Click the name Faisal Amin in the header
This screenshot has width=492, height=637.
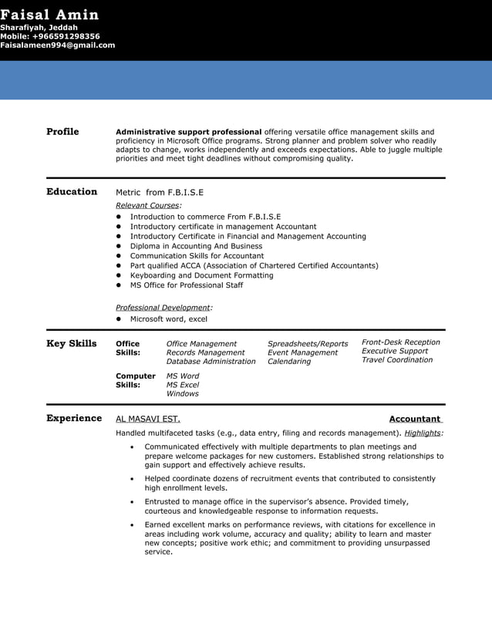point(49,15)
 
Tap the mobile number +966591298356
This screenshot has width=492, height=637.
point(50,36)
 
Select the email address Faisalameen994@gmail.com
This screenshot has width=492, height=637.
point(57,45)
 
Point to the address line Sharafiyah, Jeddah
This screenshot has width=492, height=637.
point(39,28)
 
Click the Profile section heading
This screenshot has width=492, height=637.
point(62,132)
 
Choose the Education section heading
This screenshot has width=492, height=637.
point(72,192)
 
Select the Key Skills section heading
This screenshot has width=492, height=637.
point(72,344)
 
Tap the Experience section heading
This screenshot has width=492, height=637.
point(74,418)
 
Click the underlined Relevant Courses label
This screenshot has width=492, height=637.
point(148,205)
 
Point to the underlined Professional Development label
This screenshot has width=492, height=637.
point(163,307)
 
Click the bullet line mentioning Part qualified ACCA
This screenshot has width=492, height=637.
point(254,265)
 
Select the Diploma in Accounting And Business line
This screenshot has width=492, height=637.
point(196,246)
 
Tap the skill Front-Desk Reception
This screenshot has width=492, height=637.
point(401,342)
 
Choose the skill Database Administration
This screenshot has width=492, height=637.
point(211,361)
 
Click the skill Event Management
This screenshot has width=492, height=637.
point(302,352)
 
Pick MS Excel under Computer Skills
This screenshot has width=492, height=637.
point(183,384)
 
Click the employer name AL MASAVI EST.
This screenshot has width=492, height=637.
point(148,419)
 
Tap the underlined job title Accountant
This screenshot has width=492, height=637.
point(416,419)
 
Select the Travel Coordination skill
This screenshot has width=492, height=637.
point(397,359)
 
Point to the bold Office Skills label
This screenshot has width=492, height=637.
point(128,348)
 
